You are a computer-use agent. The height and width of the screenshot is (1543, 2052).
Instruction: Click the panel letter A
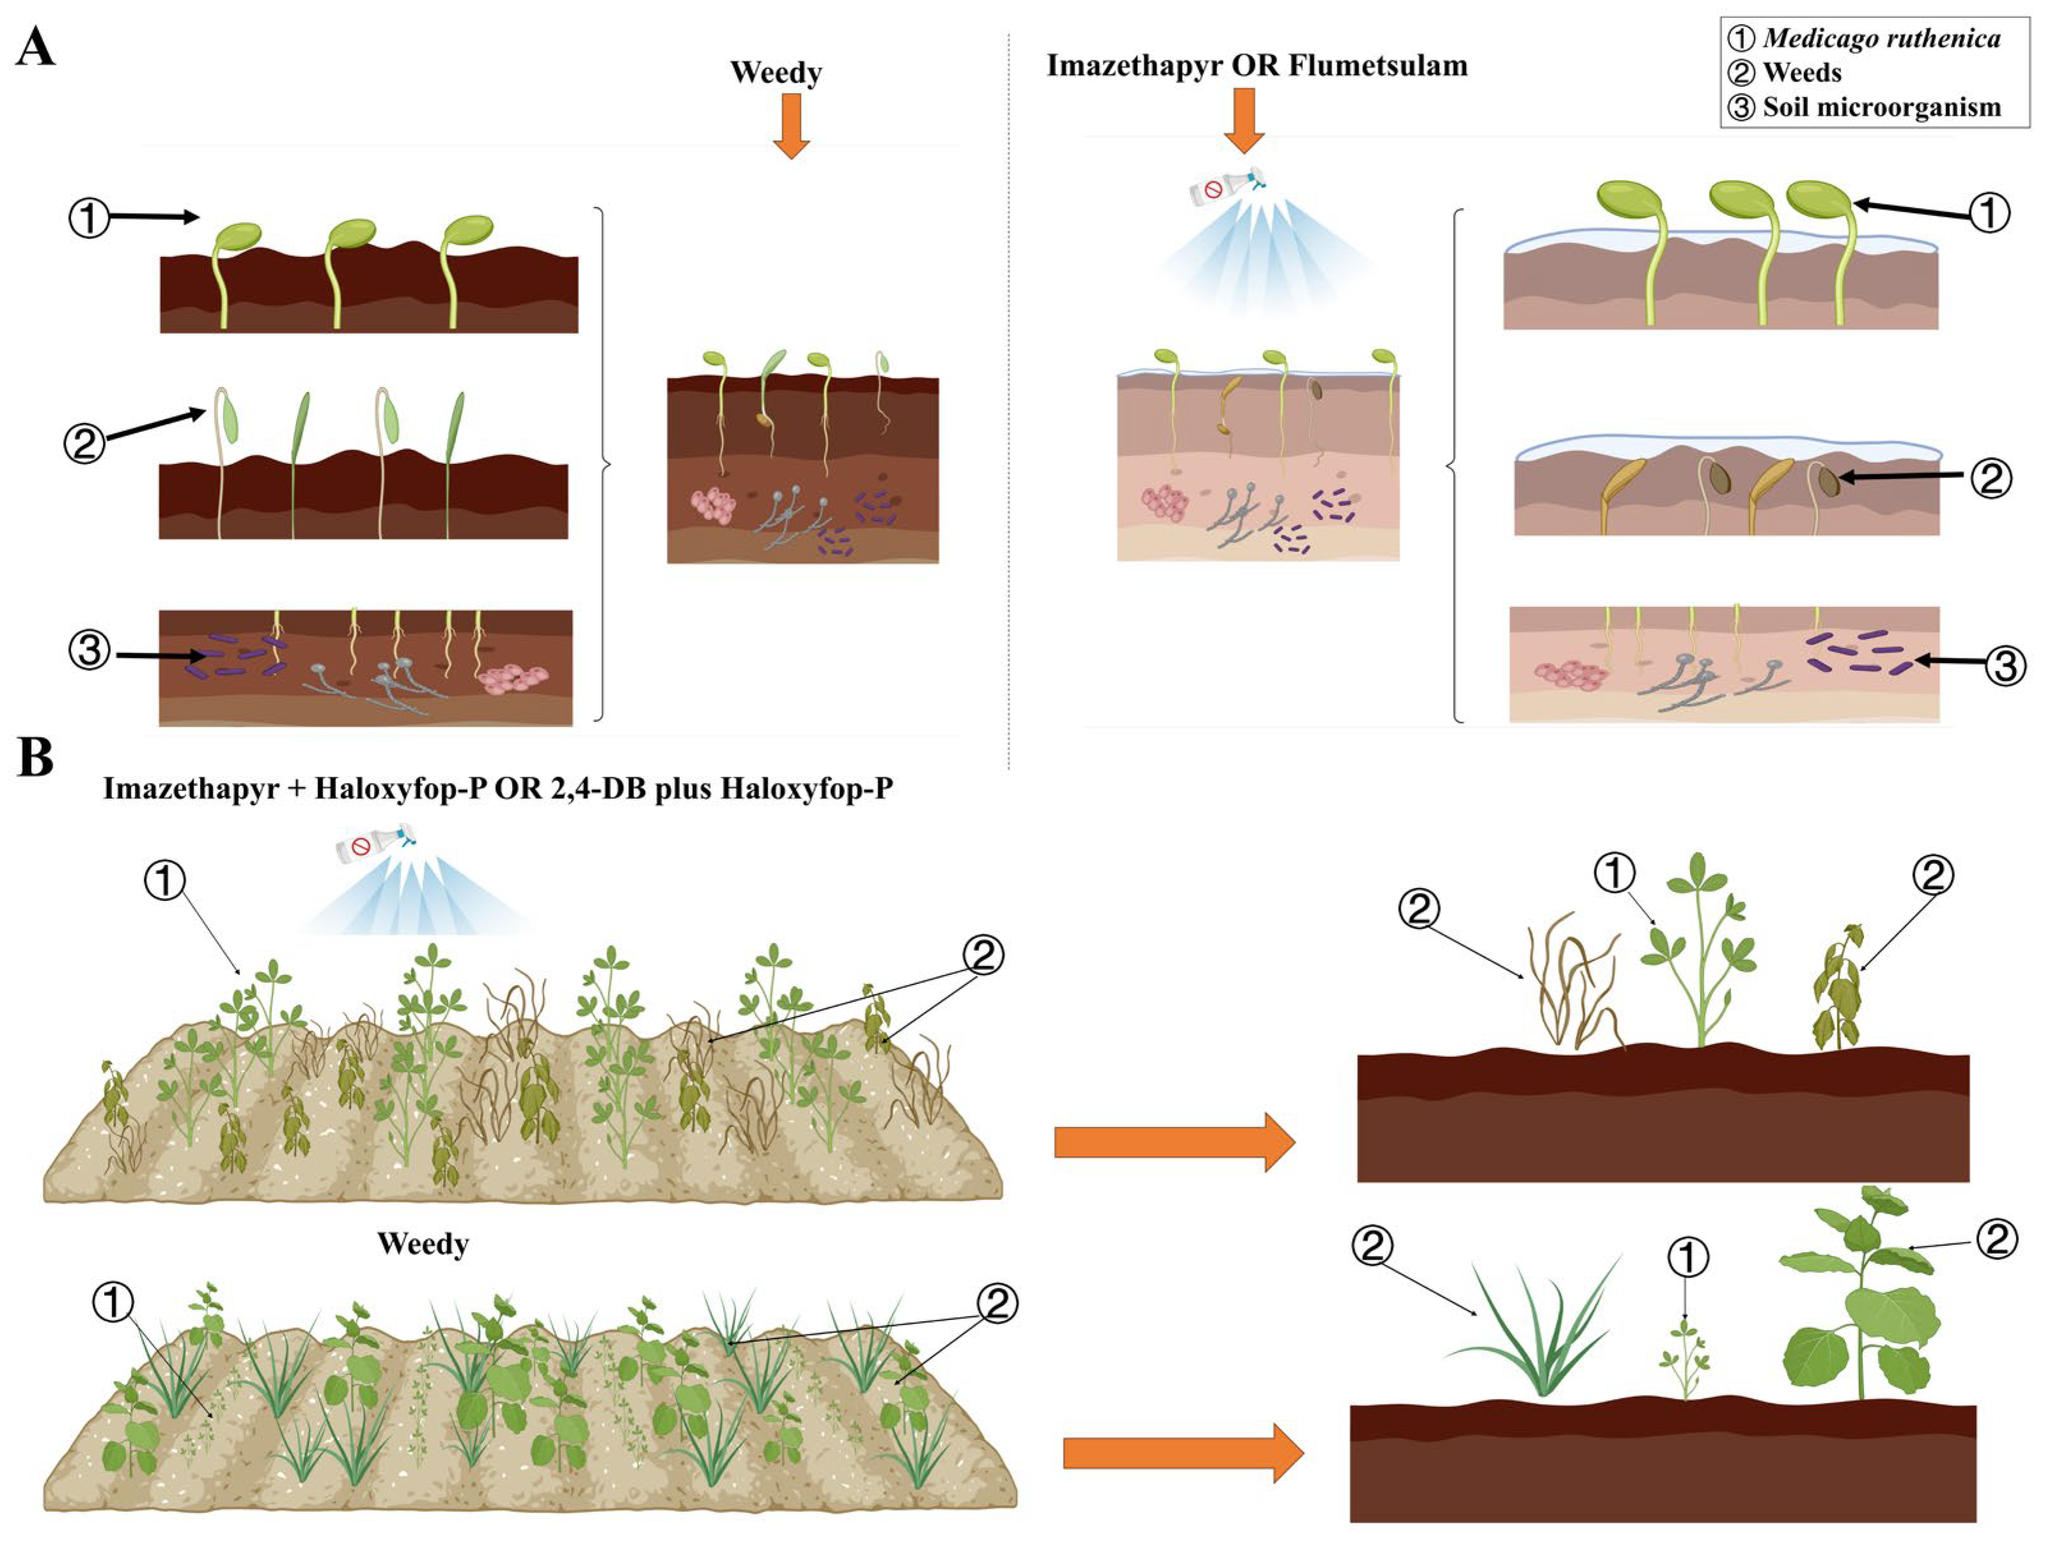35,47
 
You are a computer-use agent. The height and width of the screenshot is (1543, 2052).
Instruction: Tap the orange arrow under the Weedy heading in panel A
790,125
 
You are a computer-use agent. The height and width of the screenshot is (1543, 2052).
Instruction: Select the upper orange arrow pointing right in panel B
1174,1142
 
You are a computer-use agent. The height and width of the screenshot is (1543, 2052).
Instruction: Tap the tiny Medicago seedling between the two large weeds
1684,1363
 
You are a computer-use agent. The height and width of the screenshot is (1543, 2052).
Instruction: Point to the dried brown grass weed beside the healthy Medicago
1573,988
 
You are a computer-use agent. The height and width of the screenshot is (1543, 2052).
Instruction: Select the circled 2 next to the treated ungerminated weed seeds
1990,479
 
